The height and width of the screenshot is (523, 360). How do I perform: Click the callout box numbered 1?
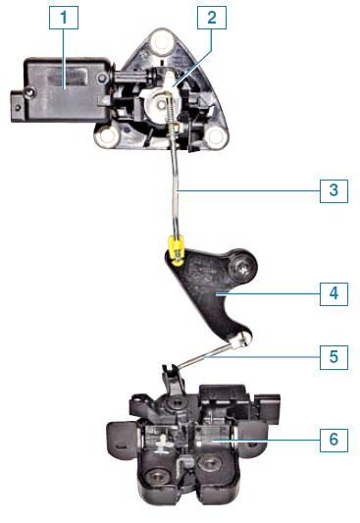(x=64, y=18)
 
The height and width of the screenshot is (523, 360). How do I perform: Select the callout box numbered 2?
(x=212, y=18)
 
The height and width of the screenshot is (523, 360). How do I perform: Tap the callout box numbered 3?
(x=334, y=191)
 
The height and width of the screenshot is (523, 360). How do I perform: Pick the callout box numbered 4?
(x=334, y=293)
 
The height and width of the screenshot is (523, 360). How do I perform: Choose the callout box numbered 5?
(x=334, y=357)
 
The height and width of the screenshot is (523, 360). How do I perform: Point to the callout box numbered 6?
(x=334, y=441)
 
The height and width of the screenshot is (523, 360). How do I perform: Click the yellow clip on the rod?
(x=177, y=250)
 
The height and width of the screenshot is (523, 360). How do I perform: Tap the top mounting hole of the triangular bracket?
(x=162, y=41)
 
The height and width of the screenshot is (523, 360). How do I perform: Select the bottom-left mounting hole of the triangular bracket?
(x=107, y=135)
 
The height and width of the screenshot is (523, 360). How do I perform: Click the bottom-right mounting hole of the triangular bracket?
(x=215, y=135)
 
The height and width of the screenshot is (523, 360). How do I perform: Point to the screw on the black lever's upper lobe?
(x=242, y=268)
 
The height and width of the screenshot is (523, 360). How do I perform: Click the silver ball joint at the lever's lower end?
(x=240, y=340)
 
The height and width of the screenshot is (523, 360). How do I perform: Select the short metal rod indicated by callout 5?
(x=204, y=356)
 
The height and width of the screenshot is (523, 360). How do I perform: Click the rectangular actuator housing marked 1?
(x=62, y=89)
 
